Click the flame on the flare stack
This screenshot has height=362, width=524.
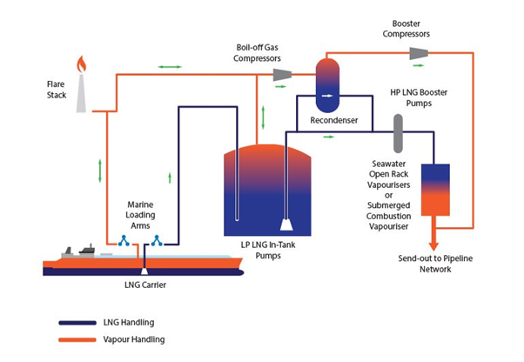pos(81,64)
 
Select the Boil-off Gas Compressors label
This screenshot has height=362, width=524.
pos(259,53)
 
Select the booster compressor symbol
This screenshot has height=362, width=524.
pos(420,54)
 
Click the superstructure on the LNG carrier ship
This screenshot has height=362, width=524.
pos(87,251)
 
